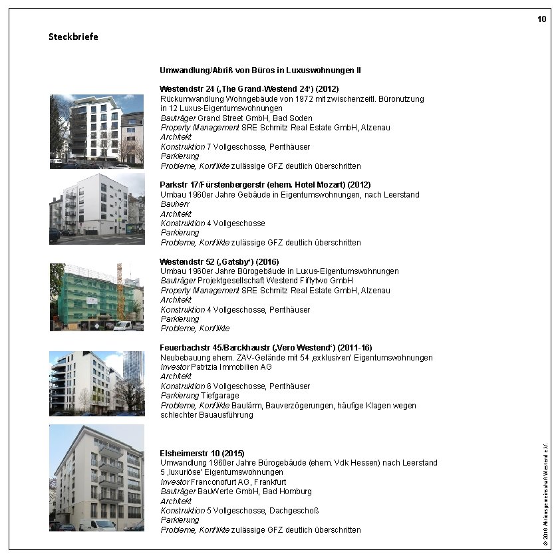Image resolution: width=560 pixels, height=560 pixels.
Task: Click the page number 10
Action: pyautogui.click(x=542, y=19)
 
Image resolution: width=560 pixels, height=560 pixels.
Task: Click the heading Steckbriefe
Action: pyautogui.click(x=73, y=37)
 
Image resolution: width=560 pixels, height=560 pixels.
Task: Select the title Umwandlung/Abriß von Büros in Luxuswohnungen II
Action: pyautogui.click(x=260, y=70)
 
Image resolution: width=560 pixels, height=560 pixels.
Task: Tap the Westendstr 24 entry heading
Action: pyautogui.click(x=249, y=88)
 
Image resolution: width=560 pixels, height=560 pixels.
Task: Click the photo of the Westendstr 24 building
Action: pyautogui.click(x=96, y=131)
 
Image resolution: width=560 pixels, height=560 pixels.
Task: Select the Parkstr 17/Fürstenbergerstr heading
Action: pyautogui.click(x=265, y=184)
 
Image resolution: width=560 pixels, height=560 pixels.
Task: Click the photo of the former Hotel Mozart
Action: pyautogui.click(x=96, y=209)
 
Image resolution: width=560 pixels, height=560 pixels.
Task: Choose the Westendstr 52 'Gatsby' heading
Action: pyautogui.click(x=219, y=261)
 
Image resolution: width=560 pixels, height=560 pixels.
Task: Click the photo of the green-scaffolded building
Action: pyautogui.click(x=96, y=297)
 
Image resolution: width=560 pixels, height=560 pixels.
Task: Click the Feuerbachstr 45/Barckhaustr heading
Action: pyautogui.click(x=266, y=348)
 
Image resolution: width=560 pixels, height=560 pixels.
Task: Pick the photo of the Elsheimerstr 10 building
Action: pyautogui.click(x=96, y=478)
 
